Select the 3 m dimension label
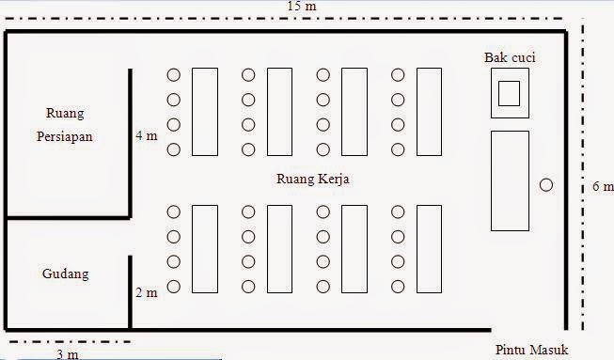pyautogui.click(x=68, y=354)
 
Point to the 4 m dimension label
pyautogui.click(x=146, y=135)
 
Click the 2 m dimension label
pyautogui.click(x=146, y=293)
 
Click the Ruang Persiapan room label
pyautogui.click(x=65, y=124)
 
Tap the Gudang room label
pyautogui.click(x=65, y=274)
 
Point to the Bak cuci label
pyautogui.click(x=510, y=57)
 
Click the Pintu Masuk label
pyautogui.click(x=533, y=351)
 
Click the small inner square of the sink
pyautogui.click(x=509, y=93)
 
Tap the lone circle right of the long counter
pyautogui.click(x=546, y=185)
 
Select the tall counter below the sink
pyautogui.click(x=510, y=180)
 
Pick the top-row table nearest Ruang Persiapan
pyautogui.click(x=205, y=111)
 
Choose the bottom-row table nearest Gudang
pyautogui.click(x=205, y=249)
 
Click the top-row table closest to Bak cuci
pyautogui.click(x=429, y=111)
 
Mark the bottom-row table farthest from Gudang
pyautogui.click(x=429, y=249)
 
